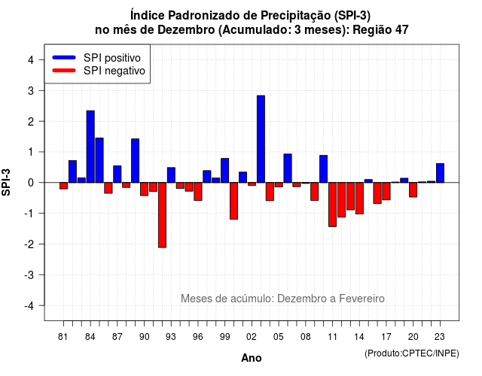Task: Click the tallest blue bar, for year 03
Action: point(261,139)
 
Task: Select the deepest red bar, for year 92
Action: point(162,215)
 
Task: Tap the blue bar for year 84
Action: point(90,147)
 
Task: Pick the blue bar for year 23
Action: point(440,173)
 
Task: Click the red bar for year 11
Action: point(332,205)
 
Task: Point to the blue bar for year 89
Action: point(136,160)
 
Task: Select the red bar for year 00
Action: point(233,201)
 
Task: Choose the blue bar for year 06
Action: point(288,168)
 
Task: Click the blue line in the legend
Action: point(64,57)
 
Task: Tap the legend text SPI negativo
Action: point(114,71)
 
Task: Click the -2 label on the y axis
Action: point(30,244)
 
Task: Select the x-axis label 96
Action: point(198,337)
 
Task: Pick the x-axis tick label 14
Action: point(359,337)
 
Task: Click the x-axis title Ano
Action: point(252,358)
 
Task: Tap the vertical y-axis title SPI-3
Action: point(6,182)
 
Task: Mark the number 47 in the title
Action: point(402,30)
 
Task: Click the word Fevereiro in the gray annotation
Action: point(361,299)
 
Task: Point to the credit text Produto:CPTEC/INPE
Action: point(412,353)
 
